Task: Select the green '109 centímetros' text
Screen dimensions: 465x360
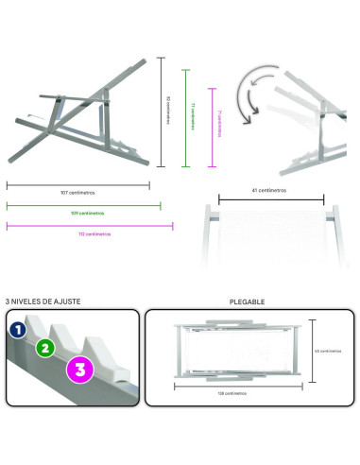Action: [82, 213]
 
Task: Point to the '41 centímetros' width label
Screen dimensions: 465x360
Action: [271, 190]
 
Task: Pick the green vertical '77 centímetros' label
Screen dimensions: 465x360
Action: [193, 117]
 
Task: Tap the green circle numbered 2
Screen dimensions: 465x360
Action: [43, 348]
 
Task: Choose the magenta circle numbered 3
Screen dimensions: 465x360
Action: [80, 370]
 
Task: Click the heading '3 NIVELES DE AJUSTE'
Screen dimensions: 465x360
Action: [43, 301]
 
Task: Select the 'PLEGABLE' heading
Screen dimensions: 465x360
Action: [248, 302]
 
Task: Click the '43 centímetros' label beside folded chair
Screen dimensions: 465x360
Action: [328, 351]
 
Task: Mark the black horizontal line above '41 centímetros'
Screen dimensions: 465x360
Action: [271, 199]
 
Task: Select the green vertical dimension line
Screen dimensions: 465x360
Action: [187, 117]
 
